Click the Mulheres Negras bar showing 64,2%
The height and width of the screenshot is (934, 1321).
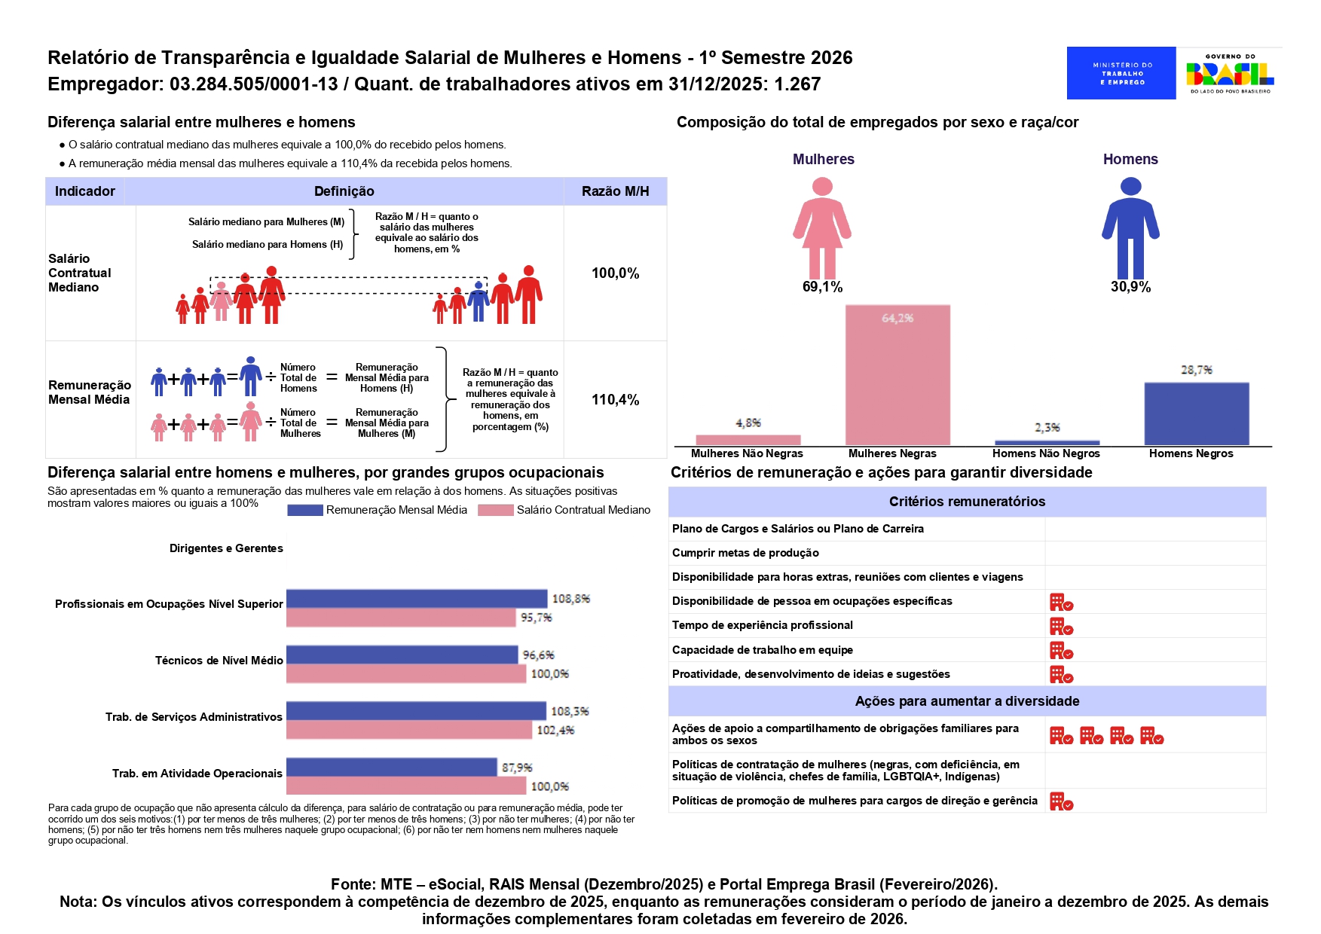coord(897,375)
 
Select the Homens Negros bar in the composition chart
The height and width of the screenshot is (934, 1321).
coord(1196,414)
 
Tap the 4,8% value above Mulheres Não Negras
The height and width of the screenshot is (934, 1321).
coord(748,423)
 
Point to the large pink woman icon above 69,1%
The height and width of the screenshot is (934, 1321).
coord(822,228)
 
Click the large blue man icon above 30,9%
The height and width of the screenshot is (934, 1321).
coord(1130,228)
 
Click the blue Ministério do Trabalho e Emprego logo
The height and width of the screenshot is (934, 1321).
coord(1121,73)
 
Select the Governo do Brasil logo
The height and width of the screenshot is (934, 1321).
coord(1230,73)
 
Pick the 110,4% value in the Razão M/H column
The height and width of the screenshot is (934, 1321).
coord(615,400)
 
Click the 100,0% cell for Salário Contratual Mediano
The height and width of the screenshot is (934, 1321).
coord(615,273)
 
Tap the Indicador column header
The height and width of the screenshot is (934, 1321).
coord(85,191)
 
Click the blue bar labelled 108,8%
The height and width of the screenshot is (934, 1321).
coord(416,599)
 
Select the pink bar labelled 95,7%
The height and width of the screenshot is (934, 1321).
coord(400,618)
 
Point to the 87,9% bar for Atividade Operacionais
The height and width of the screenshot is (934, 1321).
coord(391,767)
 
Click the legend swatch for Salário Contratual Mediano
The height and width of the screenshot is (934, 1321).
coord(495,510)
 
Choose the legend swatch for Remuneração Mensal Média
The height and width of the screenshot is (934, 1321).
coord(304,510)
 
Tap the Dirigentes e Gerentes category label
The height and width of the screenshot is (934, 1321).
coord(226,548)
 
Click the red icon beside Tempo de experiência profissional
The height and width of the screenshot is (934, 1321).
coord(1061,626)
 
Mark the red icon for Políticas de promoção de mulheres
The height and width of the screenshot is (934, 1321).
coord(1061,801)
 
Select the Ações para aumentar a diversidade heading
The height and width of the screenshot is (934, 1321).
coord(967,701)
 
